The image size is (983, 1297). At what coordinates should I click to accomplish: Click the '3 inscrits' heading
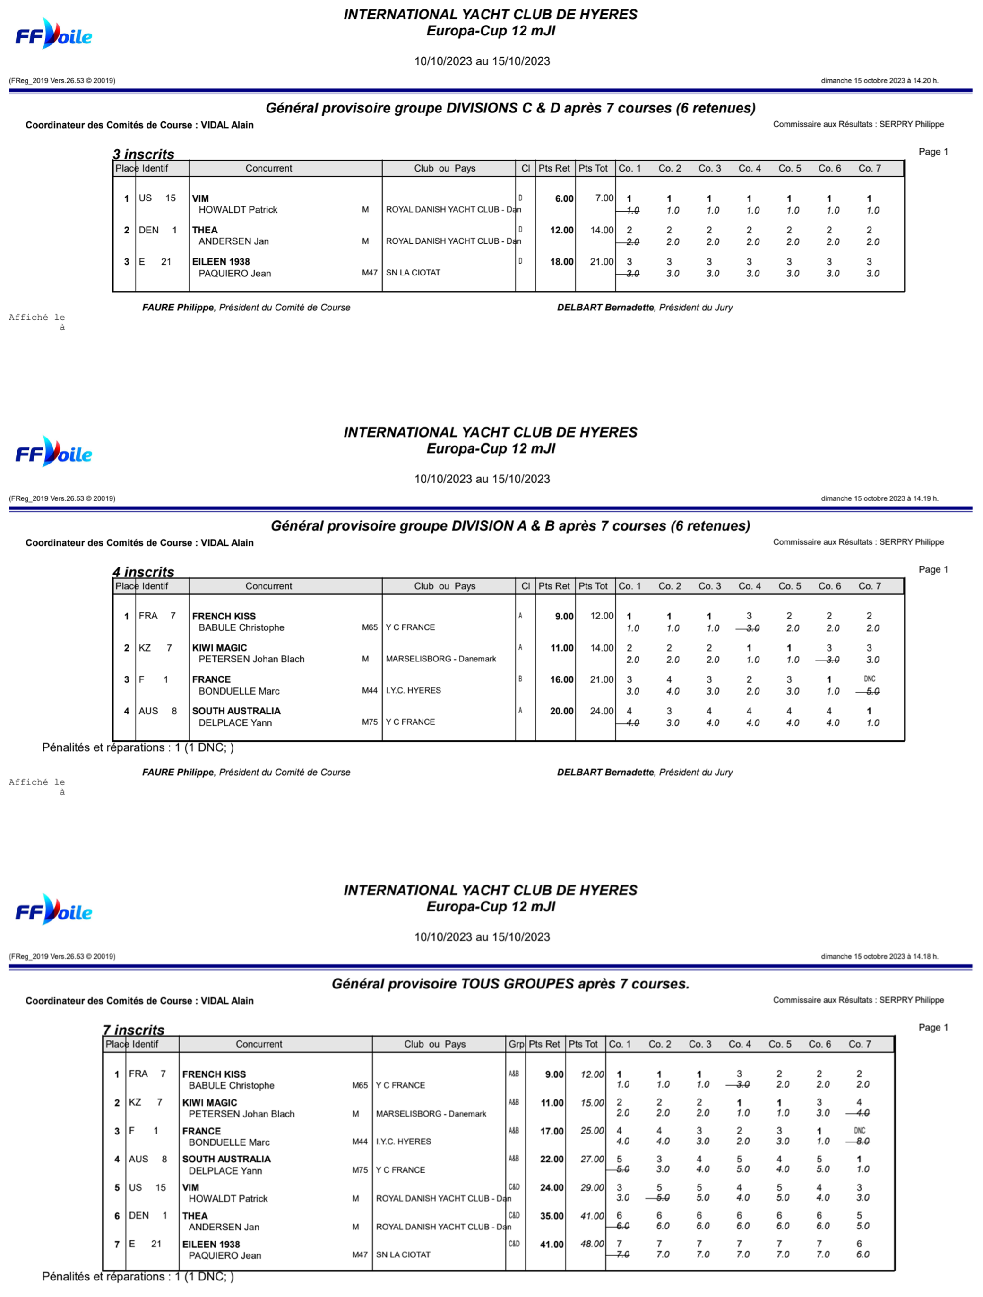pyautogui.click(x=144, y=154)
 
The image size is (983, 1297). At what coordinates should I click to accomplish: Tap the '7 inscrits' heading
pyautogui.click(x=134, y=1030)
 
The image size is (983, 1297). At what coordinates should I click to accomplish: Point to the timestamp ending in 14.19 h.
pyautogui.click(x=879, y=498)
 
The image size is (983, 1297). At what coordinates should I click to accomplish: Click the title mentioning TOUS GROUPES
pyautogui.click(x=510, y=984)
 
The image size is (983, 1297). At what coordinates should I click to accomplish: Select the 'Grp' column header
pyautogui.click(x=516, y=1044)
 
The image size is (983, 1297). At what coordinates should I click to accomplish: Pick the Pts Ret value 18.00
pyautogui.click(x=561, y=261)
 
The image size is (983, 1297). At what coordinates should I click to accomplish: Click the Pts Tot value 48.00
pyautogui.click(x=592, y=1244)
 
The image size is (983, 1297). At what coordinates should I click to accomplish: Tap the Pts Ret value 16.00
pyautogui.click(x=561, y=679)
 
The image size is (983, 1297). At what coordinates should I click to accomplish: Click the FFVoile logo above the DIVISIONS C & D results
pyautogui.click(x=53, y=34)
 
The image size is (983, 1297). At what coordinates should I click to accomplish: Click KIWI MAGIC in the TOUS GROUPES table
pyautogui.click(x=209, y=1102)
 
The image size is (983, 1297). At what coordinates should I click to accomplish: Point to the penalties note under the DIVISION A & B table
pyautogui.click(x=138, y=747)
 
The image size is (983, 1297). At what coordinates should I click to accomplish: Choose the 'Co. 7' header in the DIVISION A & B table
pyautogui.click(x=869, y=586)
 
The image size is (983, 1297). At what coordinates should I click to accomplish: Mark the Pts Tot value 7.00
pyautogui.click(x=604, y=198)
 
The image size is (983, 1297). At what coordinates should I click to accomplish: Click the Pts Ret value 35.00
pyautogui.click(x=552, y=1216)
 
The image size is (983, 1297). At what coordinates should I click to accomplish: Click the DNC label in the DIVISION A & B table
pyautogui.click(x=869, y=679)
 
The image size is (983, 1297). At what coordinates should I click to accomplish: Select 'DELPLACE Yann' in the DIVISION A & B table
pyautogui.click(x=235, y=722)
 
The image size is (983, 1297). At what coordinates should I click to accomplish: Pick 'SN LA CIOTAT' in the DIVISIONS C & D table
pyautogui.click(x=413, y=273)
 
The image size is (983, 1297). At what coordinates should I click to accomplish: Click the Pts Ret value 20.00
pyautogui.click(x=561, y=711)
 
